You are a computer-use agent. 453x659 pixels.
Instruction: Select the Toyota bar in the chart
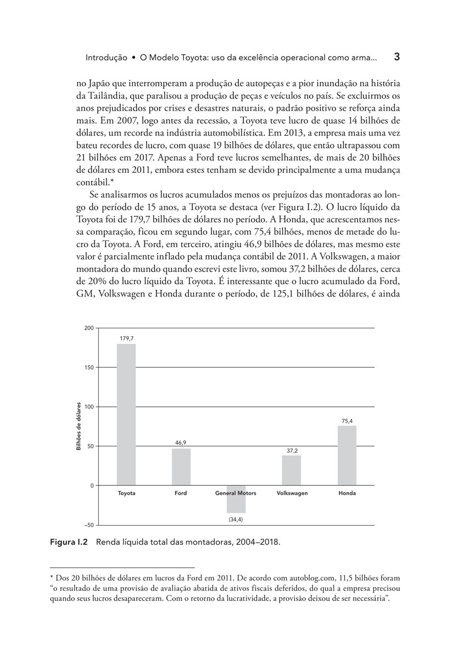pos(126,415)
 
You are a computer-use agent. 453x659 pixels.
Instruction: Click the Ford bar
pos(181,467)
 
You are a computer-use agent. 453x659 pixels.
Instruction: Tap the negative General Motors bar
pos(236,499)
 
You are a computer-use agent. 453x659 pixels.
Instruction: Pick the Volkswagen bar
pos(292,470)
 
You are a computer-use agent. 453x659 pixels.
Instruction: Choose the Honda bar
pos(347,455)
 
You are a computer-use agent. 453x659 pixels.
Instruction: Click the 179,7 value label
pos(127,338)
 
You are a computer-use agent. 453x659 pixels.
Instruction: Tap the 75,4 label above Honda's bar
pos(347,421)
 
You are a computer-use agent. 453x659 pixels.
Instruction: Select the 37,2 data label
pos(292,450)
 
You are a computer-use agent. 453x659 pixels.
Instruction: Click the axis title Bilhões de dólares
pos(79,427)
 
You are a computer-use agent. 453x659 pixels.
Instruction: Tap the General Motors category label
pos(236,493)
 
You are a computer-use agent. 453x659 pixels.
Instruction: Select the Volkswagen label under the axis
pos(292,493)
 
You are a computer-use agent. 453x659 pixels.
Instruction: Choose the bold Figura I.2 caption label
pos(69,542)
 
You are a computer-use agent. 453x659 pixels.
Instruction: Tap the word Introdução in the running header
pos(107,57)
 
